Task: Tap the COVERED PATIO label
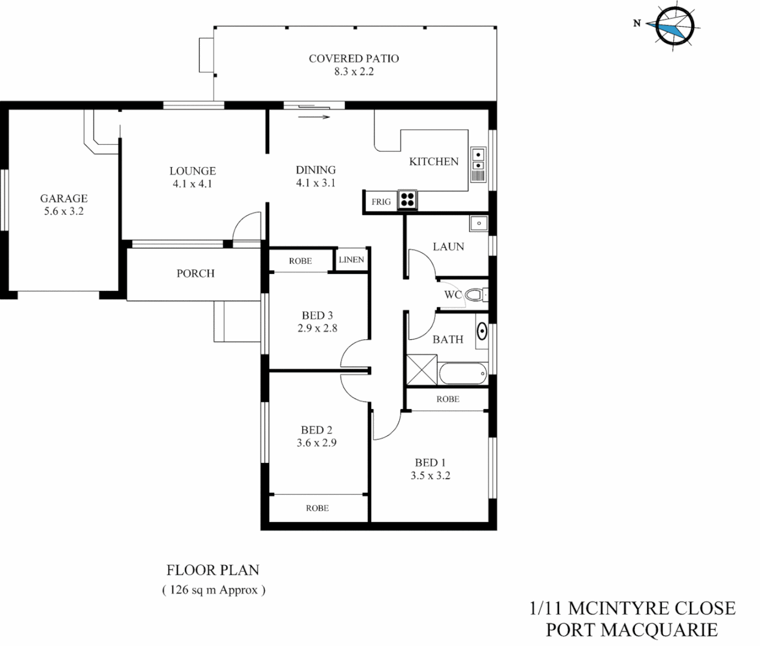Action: point(354,59)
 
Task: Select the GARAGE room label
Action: point(63,198)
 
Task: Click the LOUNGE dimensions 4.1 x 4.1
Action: point(192,184)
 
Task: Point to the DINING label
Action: point(315,170)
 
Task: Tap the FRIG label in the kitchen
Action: point(381,202)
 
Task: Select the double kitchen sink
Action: point(479,159)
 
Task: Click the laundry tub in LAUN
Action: point(479,224)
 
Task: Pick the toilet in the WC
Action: point(475,295)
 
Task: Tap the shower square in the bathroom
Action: point(421,369)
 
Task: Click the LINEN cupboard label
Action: point(351,260)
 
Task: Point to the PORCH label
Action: point(195,273)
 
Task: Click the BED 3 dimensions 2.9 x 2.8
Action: point(317,328)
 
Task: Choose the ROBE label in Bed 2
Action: point(317,508)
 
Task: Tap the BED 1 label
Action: point(430,462)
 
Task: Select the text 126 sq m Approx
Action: point(213,590)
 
